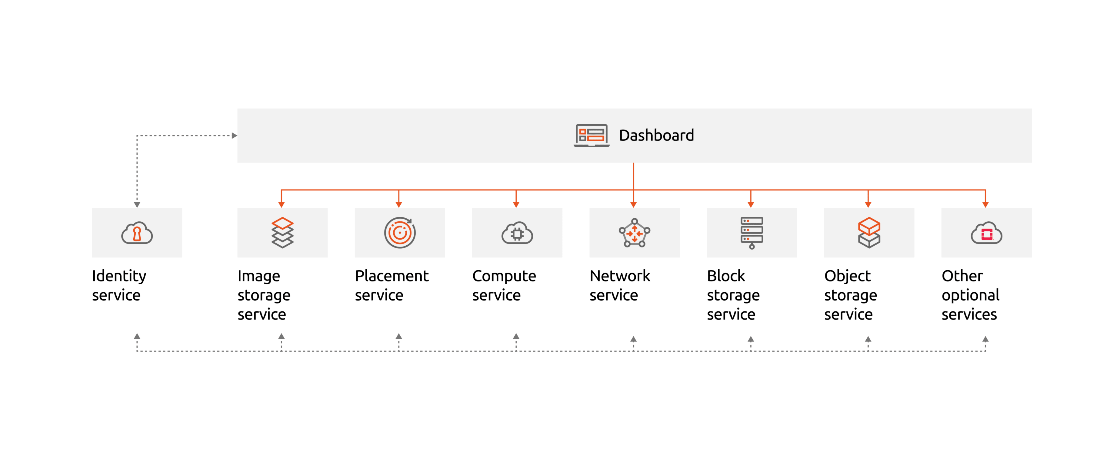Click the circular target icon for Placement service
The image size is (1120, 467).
[400, 233]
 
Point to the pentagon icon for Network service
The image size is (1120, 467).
[634, 233]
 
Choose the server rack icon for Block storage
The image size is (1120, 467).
[752, 233]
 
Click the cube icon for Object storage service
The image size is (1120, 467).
[869, 233]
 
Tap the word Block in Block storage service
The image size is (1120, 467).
[726, 276]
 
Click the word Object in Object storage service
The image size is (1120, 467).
[847, 276]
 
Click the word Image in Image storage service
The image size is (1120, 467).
[259, 276]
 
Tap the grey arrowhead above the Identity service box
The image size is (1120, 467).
[137, 204]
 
